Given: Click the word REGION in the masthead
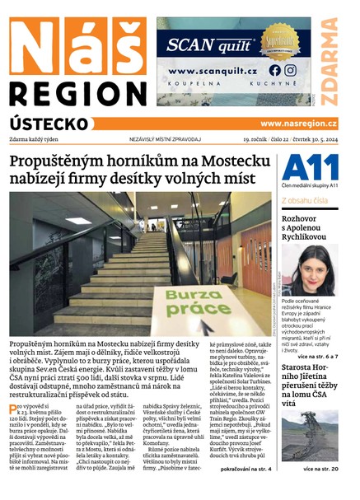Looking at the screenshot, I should pyautogui.click(x=78, y=91).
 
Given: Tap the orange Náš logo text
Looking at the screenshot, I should pyautogui.click(x=78, y=45).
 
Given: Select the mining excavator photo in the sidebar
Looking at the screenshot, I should pyautogui.click(x=309, y=435).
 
